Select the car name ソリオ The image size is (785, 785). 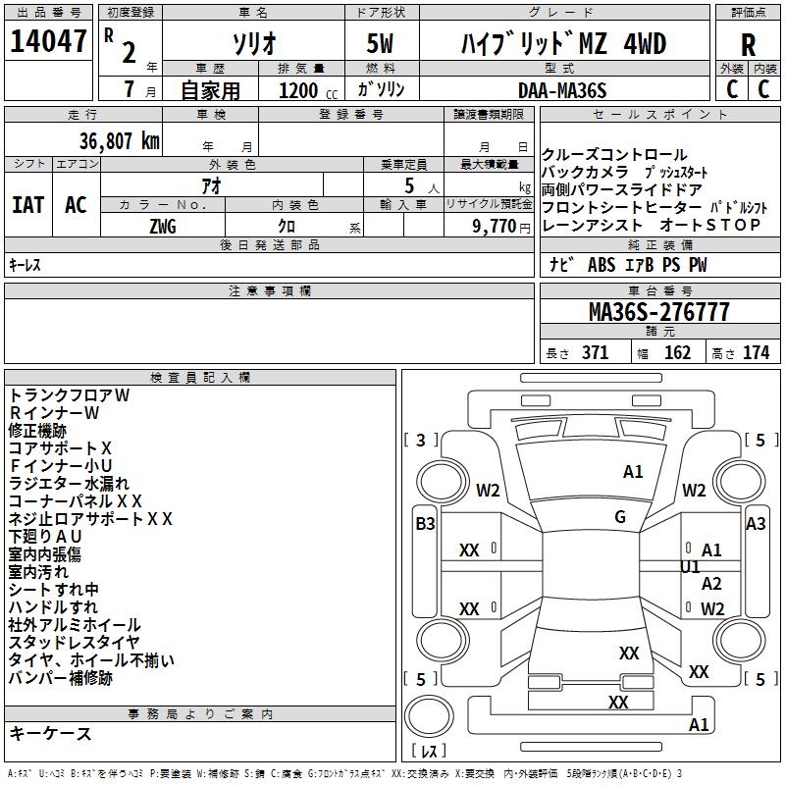[x=252, y=43]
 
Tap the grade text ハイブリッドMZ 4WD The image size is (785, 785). [x=563, y=43]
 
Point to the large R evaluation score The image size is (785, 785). [x=748, y=45]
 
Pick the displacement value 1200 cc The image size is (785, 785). [x=301, y=90]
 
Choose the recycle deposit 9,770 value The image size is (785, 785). [x=496, y=226]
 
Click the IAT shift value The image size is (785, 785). [x=27, y=205]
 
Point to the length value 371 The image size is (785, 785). [x=595, y=352]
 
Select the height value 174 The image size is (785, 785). [x=756, y=352]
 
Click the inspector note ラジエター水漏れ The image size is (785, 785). [x=69, y=483]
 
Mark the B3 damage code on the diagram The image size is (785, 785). [x=425, y=524]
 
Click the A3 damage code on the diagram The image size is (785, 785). [x=756, y=524]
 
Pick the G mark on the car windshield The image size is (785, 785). [x=620, y=517]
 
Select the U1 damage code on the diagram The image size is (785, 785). [x=690, y=567]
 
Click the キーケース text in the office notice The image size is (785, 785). [x=50, y=733]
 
